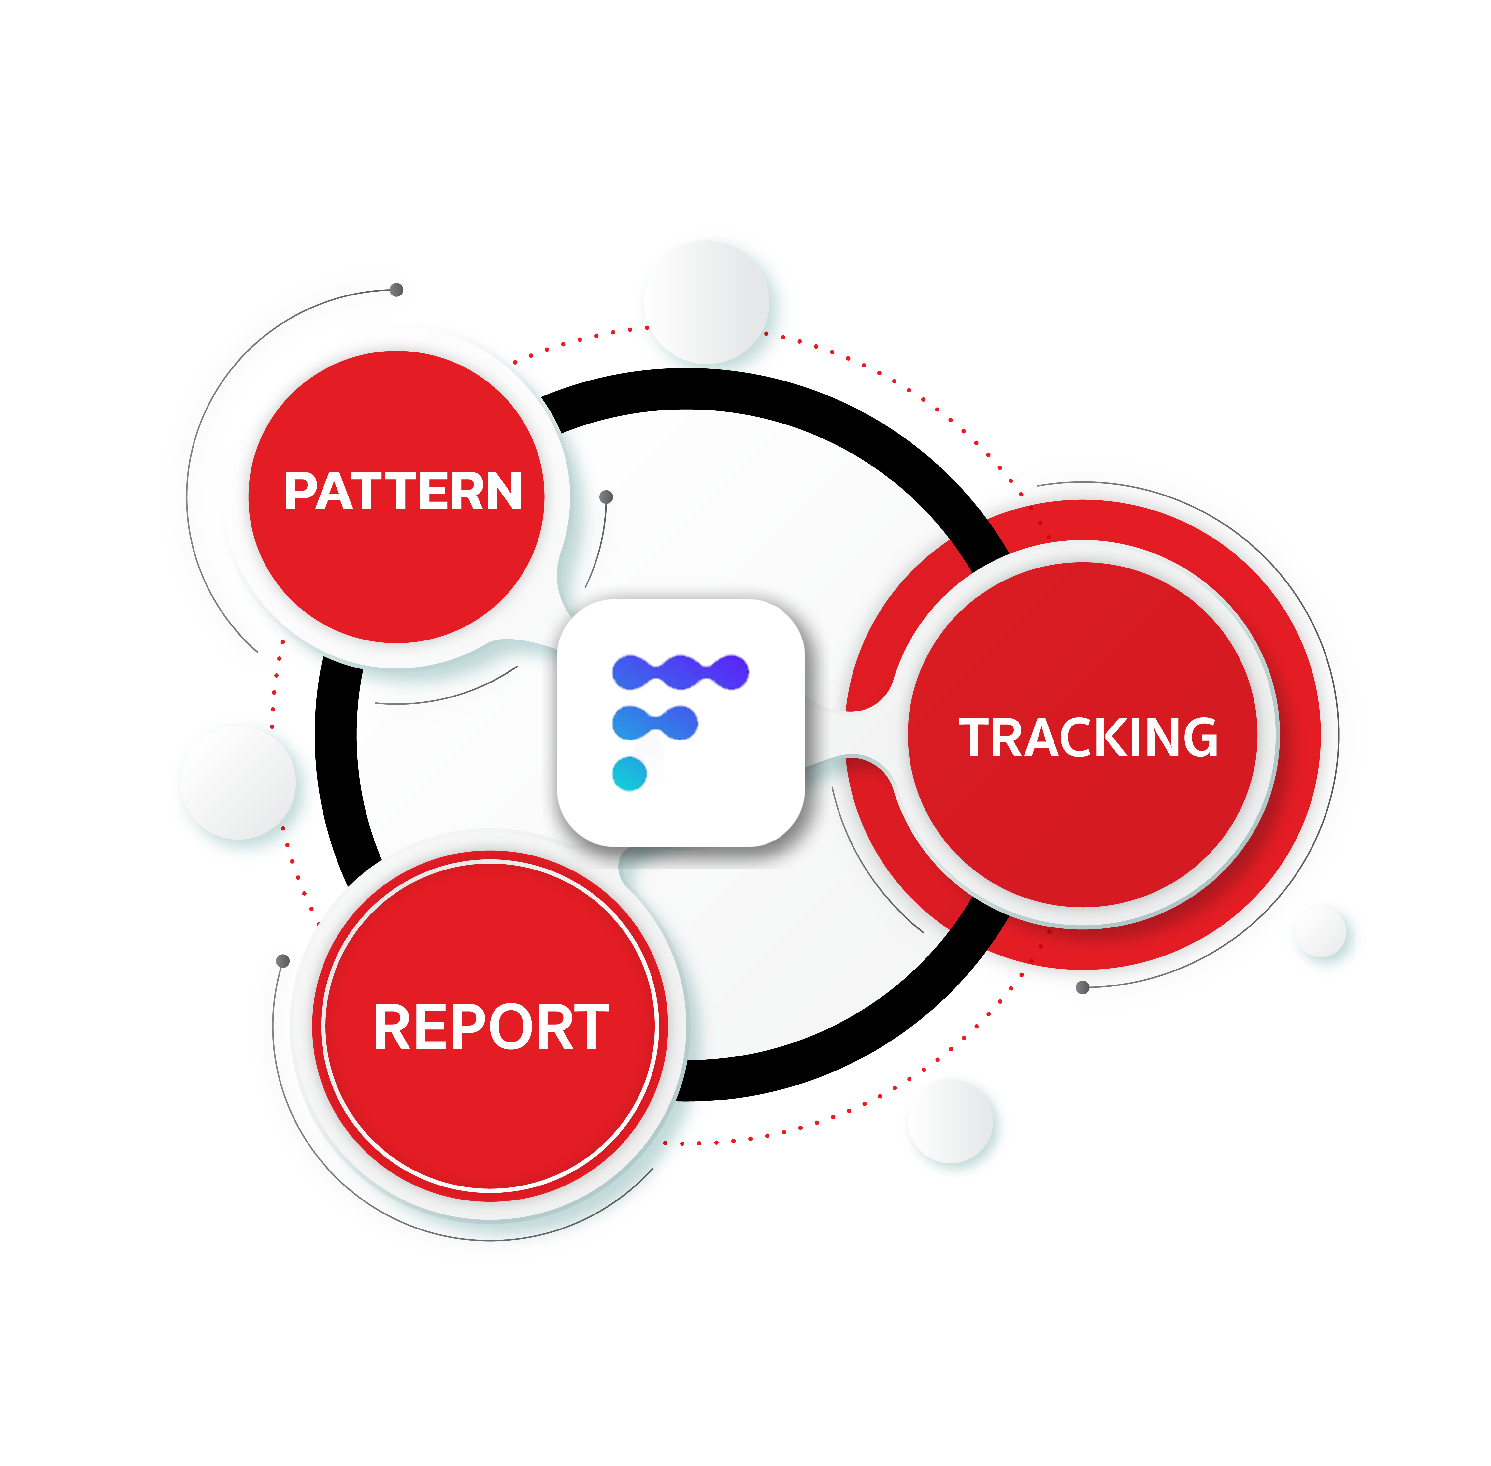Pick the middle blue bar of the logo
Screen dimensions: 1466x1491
[654, 722]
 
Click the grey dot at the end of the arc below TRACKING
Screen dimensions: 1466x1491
[1082, 987]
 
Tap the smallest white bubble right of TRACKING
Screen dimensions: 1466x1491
[1321, 932]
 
